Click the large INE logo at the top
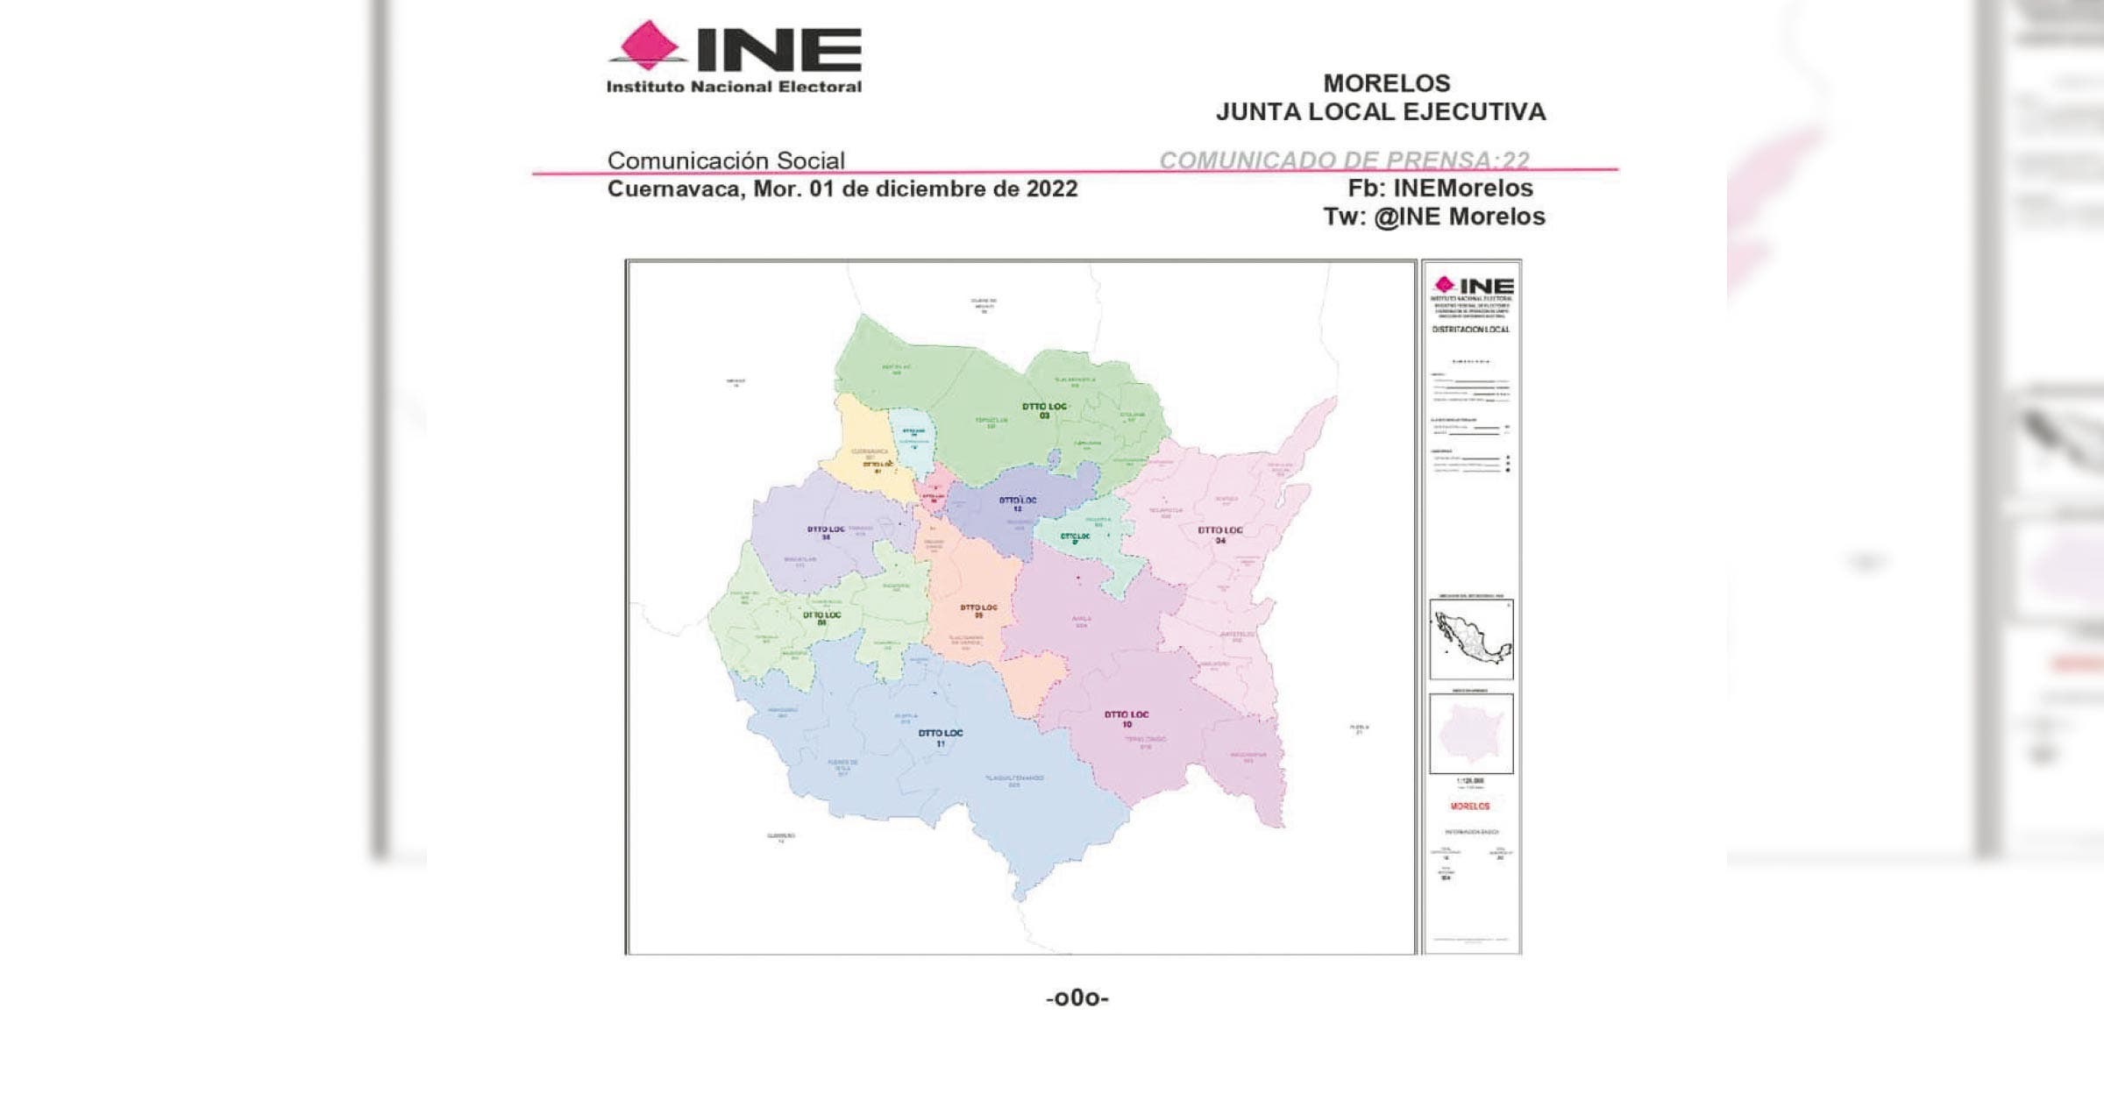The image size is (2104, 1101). click(x=735, y=57)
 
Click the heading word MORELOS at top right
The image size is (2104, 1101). click(x=1386, y=83)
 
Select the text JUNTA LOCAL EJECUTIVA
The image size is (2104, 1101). click(x=1380, y=112)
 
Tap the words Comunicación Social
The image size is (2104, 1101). click(x=726, y=160)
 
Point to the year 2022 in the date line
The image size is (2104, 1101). click(x=1051, y=189)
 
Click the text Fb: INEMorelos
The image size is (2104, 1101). click(x=1439, y=188)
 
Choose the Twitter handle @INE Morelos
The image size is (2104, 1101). click(x=1459, y=217)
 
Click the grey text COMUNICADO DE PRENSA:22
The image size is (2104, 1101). click(x=1343, y=160)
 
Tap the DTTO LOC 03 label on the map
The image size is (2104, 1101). click(x=1044, y=410)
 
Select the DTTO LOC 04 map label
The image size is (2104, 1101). click(x=1219, y=534)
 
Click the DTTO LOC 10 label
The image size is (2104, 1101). click(x=1127, y=719)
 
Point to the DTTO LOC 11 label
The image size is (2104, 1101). click(x=940, y=737)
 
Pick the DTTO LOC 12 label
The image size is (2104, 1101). click(x=1018, y=504)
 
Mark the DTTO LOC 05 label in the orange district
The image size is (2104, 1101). click(x=978, y=610)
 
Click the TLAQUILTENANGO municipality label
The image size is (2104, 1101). click(x=1014, y=778)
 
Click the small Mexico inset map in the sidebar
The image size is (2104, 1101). click(x=1471, y=639)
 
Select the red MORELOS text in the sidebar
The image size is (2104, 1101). click(x=1470, y=806)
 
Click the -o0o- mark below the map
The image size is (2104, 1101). click(x=1077, y=998)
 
